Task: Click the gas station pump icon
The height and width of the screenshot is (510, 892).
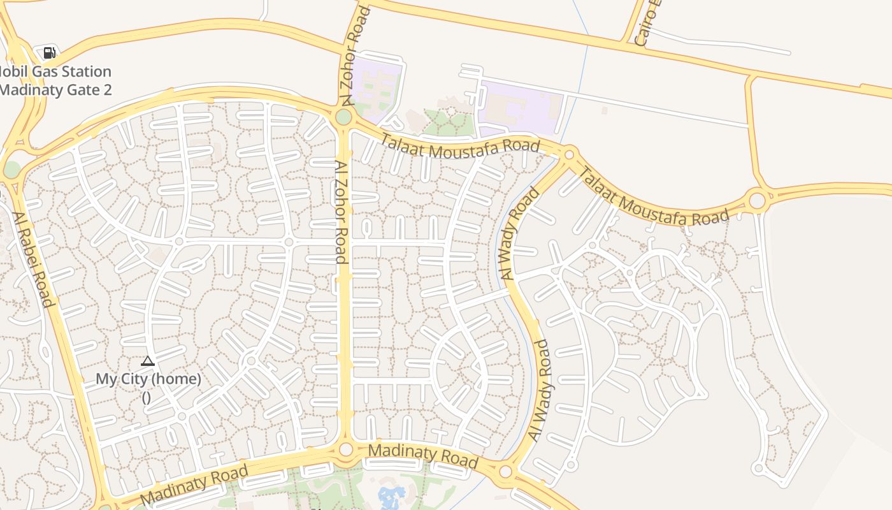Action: tap(49, 52)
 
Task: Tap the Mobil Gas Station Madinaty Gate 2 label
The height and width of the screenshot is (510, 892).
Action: tap(55, 81)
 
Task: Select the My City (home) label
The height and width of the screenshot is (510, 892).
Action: tap(148, 379)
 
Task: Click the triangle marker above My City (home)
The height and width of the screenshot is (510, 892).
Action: tap(148, 361)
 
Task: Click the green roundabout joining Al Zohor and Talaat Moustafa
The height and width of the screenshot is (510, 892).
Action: tap(343, 117)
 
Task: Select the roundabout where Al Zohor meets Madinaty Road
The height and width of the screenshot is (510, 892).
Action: tap(345, 449)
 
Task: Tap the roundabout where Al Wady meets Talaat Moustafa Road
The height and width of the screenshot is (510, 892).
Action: tap(569, 154)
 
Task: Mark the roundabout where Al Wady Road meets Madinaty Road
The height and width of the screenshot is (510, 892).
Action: tap(505, 472)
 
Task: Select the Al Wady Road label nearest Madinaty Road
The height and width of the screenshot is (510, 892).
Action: tap(539, 390)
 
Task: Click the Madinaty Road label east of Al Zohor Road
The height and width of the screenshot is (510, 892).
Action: tap(423, 455)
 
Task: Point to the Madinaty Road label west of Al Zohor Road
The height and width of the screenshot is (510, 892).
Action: tap(194, 484)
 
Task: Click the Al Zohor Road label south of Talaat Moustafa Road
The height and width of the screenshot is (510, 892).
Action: tap(341, 212)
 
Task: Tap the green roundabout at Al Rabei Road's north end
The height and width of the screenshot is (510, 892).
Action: tap(11, 170)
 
